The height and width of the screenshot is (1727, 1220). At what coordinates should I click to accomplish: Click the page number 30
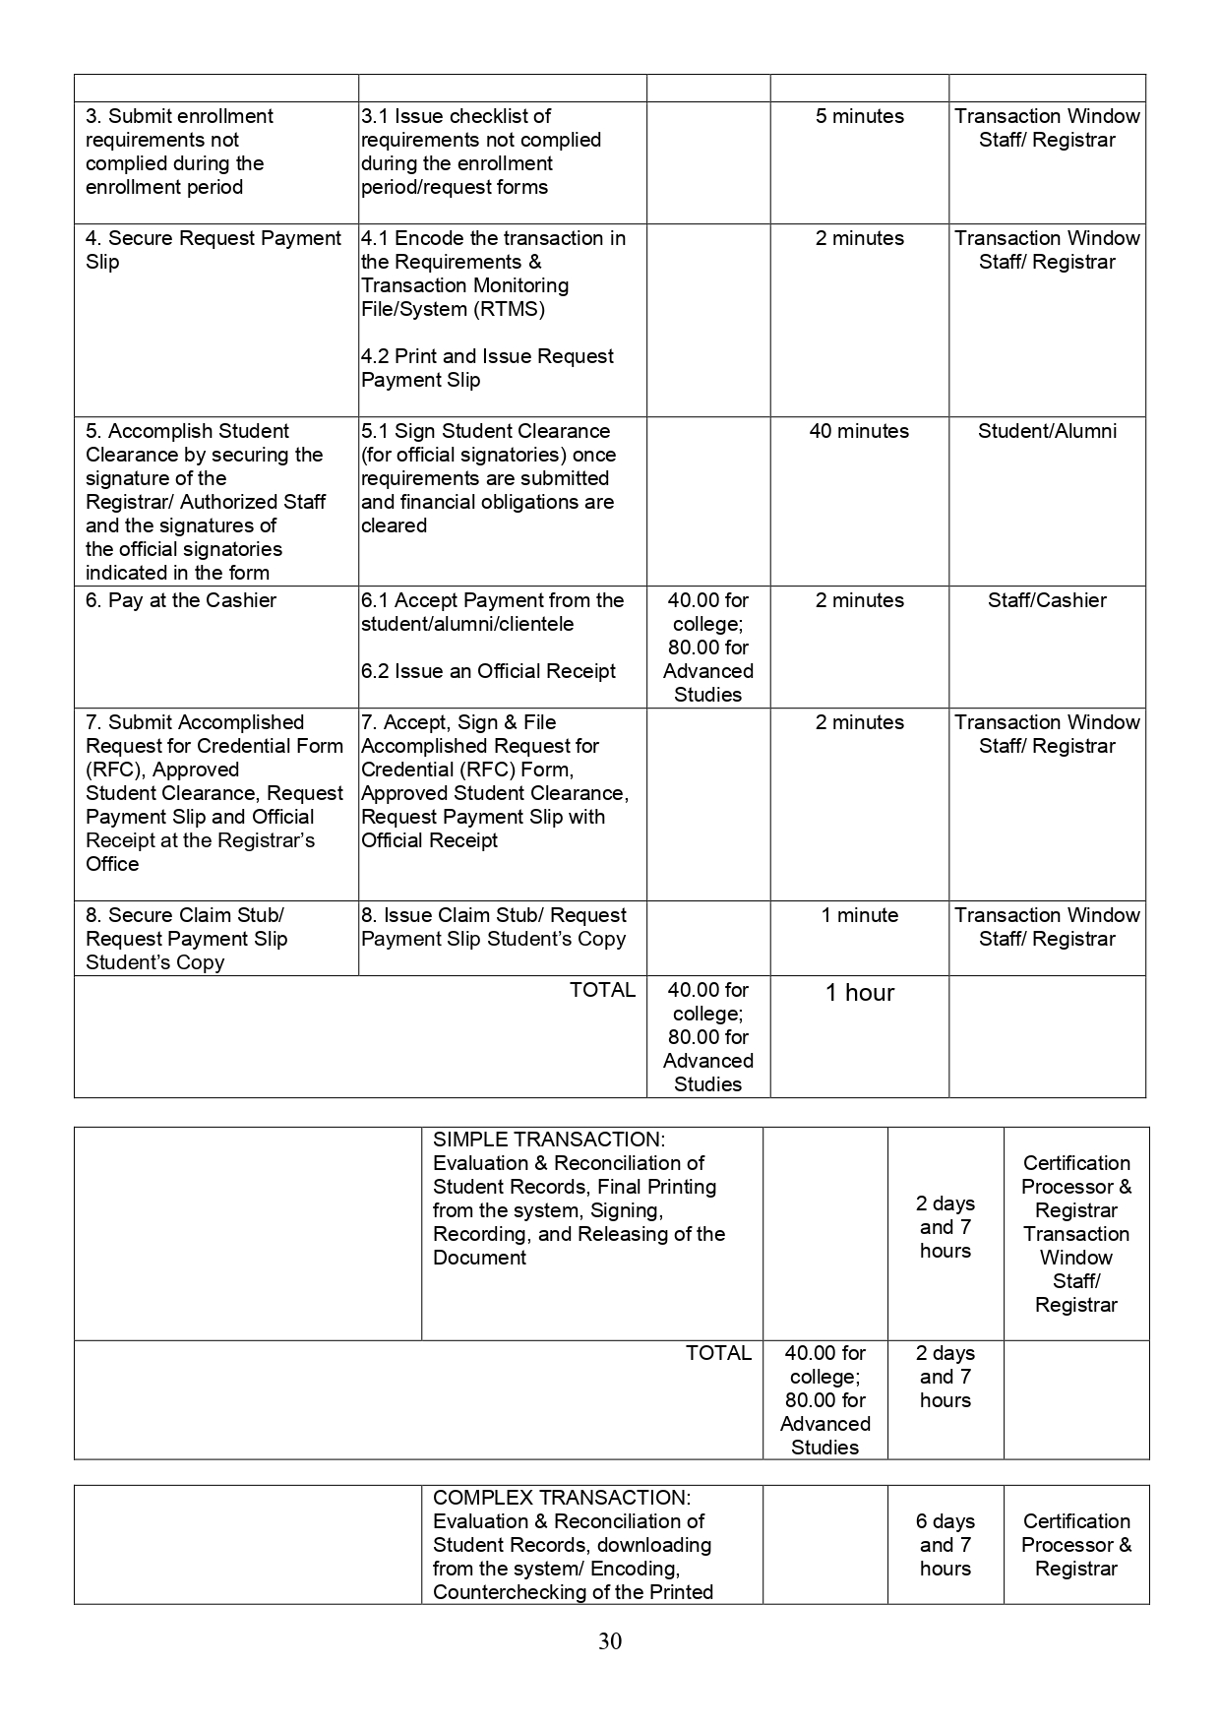click(x=609, y=1641)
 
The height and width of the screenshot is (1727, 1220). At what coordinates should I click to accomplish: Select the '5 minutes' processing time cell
click(x=859, y=116)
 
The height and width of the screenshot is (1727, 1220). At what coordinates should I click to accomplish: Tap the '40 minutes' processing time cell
click(x=859, y=431)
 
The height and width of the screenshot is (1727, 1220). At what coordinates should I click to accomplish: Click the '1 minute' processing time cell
click(x=859, y=915)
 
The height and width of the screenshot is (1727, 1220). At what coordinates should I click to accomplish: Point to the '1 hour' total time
click(x=859, y=993)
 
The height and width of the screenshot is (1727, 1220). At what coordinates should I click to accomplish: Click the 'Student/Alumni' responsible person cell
click(x=1047, y=431)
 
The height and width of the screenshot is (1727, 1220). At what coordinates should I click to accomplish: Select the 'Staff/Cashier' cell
click(x=1047, y=600)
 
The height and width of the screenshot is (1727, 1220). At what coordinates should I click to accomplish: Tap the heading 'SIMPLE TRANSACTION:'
click(x=549, y=1140)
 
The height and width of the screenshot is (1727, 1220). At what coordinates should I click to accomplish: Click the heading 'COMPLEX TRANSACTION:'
click(x=562, y=1498)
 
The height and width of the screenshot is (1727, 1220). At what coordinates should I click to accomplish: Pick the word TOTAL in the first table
click(x=602, y=990)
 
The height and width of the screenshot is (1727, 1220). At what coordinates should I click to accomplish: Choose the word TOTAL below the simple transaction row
click(x=718, y=1353)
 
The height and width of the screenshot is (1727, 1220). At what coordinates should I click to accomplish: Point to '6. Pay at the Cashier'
click(x=181, y=600)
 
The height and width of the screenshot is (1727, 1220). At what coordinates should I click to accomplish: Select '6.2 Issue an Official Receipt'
click(x=488, y=671)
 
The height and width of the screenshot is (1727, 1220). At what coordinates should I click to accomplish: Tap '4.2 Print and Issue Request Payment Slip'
click(x=487, y=368)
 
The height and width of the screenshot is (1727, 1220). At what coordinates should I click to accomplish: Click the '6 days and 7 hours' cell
click(x=945, y=1545)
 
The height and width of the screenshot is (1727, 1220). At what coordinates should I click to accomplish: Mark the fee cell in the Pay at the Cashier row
click(x=707, y=648)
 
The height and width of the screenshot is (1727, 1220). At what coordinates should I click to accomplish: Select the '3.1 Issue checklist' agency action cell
click(x=480, y=152)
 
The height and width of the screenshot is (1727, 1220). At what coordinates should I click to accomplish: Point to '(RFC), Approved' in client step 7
click(x=162, y=770)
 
